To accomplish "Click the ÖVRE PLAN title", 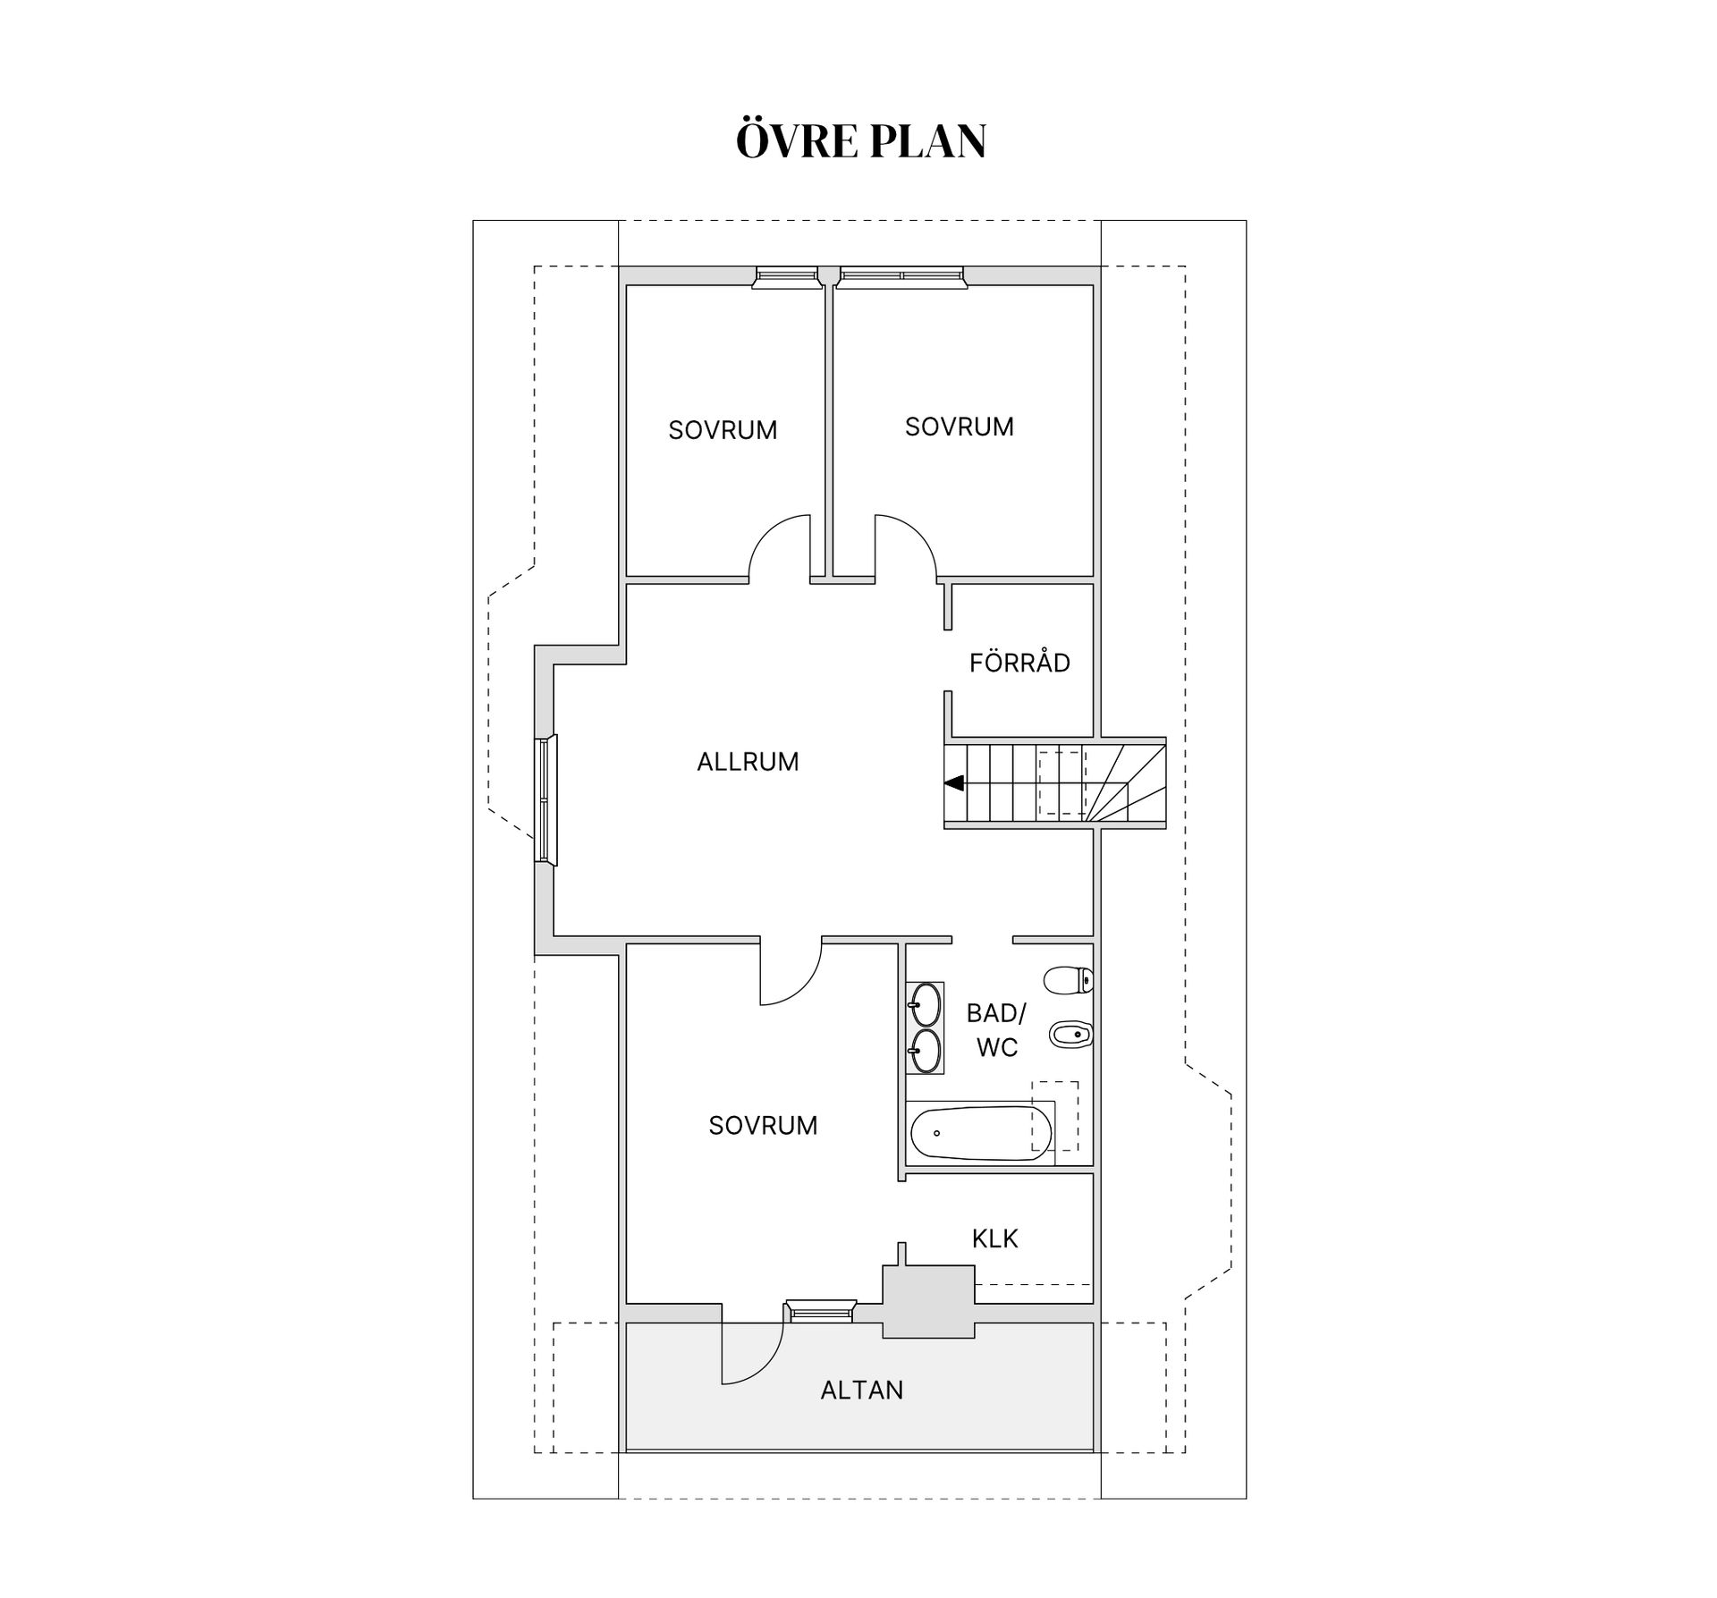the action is pos(860,141).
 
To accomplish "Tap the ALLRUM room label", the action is pos(748,762).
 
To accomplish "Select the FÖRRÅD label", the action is pos(1019,663).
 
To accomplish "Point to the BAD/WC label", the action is pos(996,1030).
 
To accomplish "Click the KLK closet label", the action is pos(995,1239).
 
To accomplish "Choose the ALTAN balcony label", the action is pos(862,1390).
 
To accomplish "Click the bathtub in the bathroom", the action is pos(981,1133).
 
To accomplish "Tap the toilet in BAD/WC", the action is pos(1069,980).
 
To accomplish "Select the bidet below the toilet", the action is pos(1070,1035).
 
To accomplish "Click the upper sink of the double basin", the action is pos(925,1004).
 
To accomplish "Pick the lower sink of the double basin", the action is pos(925,1051).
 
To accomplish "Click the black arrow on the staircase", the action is pos(954,783).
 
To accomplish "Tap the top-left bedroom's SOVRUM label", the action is pos(723,430).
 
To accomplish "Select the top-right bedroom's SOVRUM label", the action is pos(960,427).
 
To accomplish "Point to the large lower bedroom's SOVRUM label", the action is pos(763,1125).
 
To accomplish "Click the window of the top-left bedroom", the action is pos(787,277).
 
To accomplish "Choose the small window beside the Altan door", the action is pos(820,1312).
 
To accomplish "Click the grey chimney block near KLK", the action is pos(928,1301).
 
